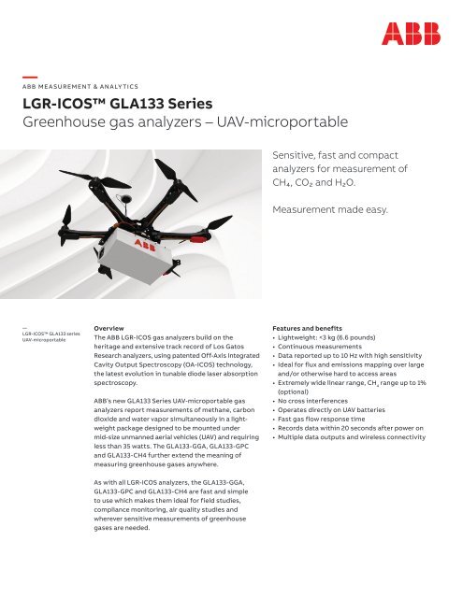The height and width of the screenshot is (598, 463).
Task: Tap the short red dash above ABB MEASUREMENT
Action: pyautogui.click(x=30, y=73)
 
